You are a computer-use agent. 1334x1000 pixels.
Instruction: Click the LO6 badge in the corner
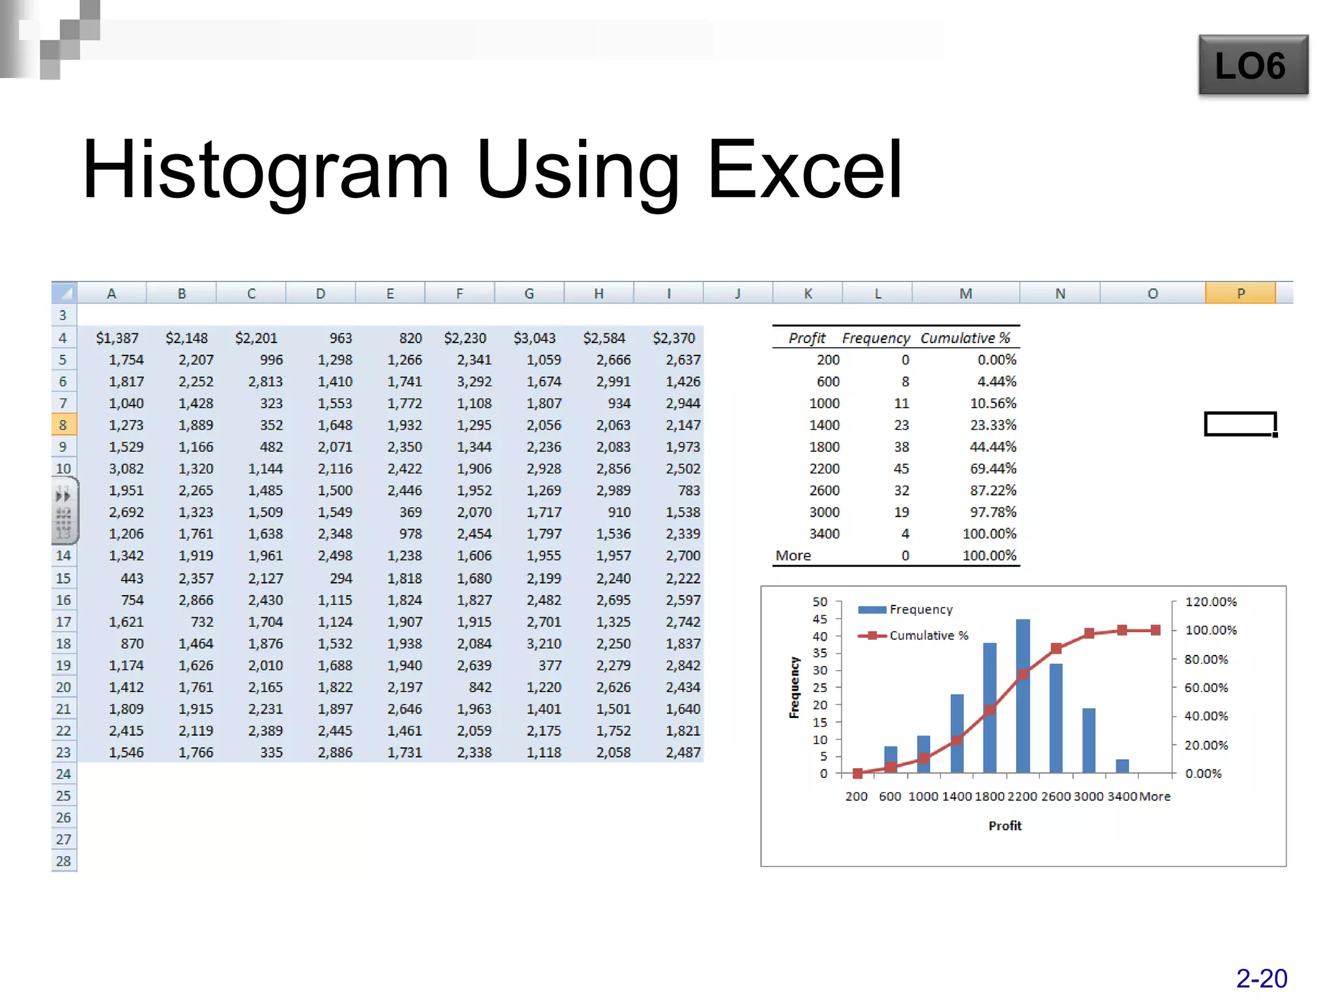[1253, 65]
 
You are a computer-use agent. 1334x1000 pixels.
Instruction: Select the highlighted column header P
[1240, 294]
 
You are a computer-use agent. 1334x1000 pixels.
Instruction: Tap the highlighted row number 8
[63, 425]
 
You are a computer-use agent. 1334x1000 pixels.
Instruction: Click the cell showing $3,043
[534, 338]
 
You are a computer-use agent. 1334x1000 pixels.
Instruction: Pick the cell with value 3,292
[474, 382]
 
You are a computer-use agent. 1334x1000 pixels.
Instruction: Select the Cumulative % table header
[965, 338]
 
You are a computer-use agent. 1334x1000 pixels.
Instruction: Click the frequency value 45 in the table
[901, 469]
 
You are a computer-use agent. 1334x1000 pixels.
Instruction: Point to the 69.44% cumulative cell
[993, 469]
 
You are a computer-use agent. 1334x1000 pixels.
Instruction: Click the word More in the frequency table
[793, 555]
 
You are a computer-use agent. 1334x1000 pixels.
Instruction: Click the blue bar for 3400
[1122, 766]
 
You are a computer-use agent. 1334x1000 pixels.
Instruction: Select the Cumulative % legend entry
[928, 635]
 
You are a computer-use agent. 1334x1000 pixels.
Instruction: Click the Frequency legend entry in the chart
[920, 609]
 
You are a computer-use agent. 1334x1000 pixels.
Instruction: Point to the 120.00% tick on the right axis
[1210, 602]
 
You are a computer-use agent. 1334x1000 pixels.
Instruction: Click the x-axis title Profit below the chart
[1004, 826]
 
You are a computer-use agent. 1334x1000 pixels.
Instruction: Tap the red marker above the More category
[1155, 630]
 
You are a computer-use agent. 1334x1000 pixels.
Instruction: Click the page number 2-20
[1261, 979]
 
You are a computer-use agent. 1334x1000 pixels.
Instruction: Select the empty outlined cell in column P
[1240, 424]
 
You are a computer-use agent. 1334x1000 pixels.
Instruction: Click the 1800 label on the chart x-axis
[989, 796]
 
